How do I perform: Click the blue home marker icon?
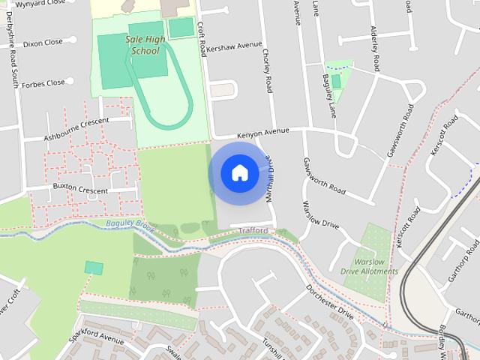click(x=239, y=172)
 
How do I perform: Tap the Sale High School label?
click(x=145, y=46)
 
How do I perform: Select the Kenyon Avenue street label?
click(x=262, y=133)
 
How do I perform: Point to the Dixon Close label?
click(x=43, y=43)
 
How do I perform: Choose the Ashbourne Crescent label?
click(x=76, y=120)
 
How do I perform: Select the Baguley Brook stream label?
click(x=129, y=224)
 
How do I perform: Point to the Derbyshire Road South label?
click(x=13, y=60)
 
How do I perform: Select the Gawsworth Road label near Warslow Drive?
click(x=324, y=175)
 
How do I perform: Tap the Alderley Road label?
click(x=375, y=44)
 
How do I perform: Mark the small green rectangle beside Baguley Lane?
click(x=335, y=80)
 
